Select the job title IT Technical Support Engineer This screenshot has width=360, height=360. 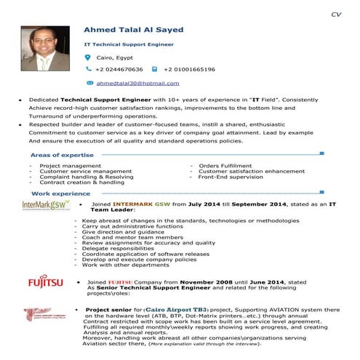click(x=129, y=44)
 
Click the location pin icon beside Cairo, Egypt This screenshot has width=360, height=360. click(x=88, y=57)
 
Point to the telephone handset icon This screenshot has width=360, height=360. click(x=88, y=69)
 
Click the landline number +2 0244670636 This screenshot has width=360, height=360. click(x=119, y=69)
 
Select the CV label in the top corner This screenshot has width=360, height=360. click(x=335, y=14)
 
